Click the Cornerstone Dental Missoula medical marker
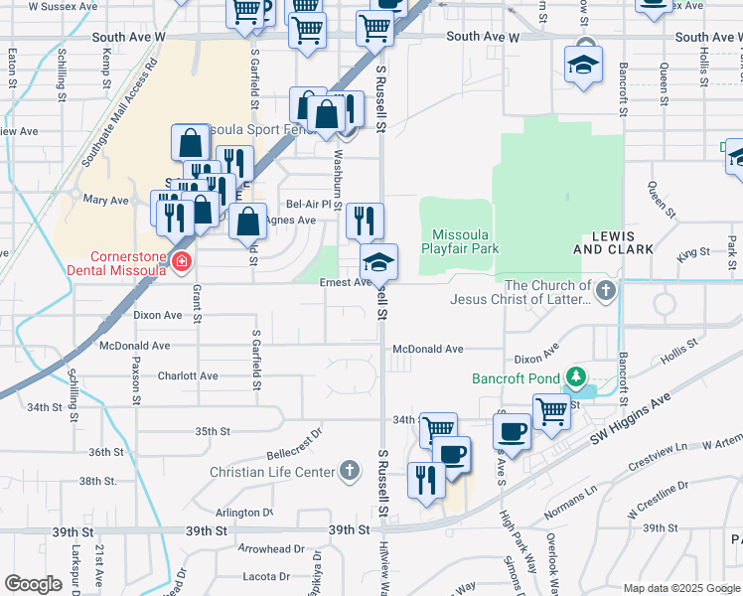click(x=181, y=262)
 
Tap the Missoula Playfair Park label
click(x=459, y=234)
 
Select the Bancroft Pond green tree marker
click(x=574, y=377)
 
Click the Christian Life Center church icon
click(x=349, y=470)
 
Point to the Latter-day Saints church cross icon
click(x=606, y=291)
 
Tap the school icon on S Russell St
click(x=378, y=263)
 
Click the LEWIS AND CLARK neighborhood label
click(x=613, y=241)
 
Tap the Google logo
click(x=33, y=584)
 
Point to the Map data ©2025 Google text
click(x=680, y=588)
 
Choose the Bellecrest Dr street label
click(x=295, y=435)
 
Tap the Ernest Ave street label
click(x=345, y=282)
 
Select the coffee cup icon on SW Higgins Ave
click(x=512, y=432)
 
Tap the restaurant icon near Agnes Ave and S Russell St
click(x=365, y=222)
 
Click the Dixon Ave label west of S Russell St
click(x=158, y=315)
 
